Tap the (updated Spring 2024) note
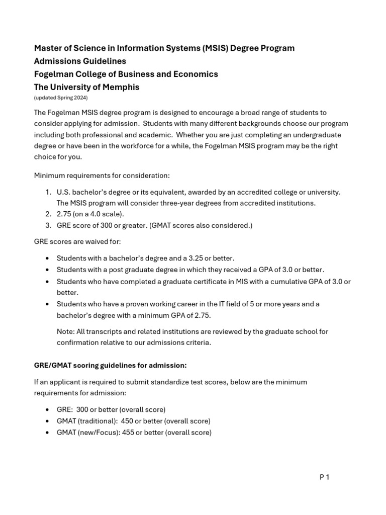tap(61, 98)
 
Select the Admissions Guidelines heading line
tap(80, 61)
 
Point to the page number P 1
tap(324, 477)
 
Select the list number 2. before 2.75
tap(48, 214)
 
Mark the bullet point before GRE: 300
tap(47, 410)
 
